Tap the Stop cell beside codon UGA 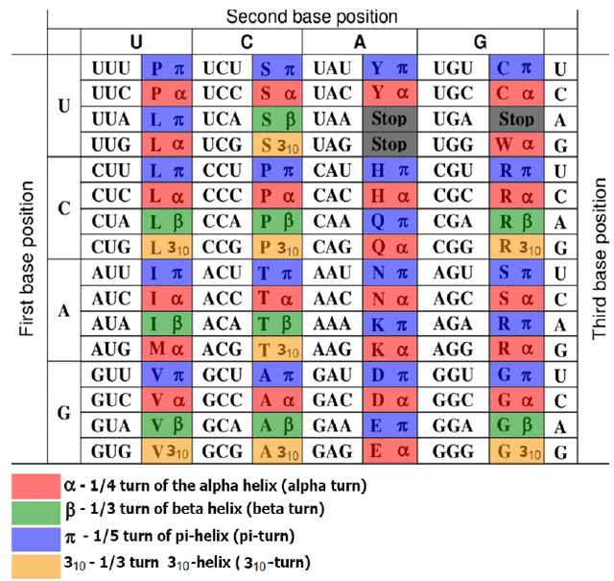tap(516, 119)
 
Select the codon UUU tap(111, 69)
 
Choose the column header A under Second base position tap(360, 42)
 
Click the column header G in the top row tap(481, 42)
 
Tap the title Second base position tap(311, 16)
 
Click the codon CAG tap(334, 245)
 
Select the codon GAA tap(334, 423)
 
